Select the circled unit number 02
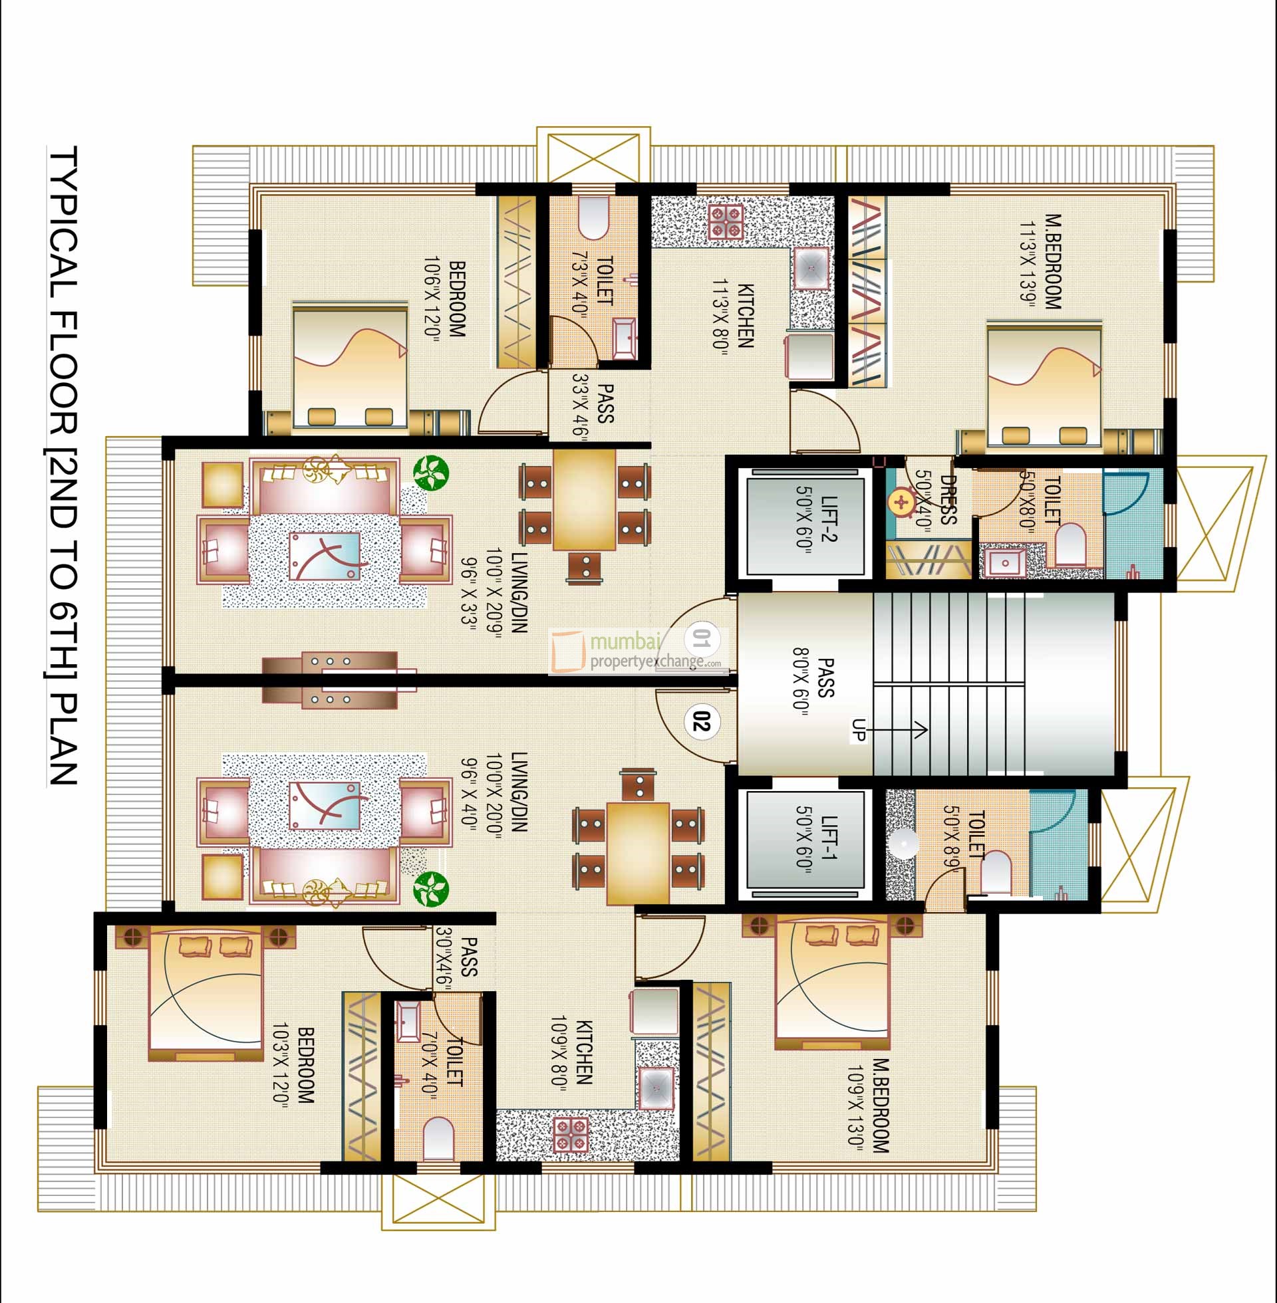tap(702, 723)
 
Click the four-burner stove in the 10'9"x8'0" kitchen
tap(571, 1135)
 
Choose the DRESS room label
tap(947, 500)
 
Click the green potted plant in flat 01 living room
tap(429, 472)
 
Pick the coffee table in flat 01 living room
tap(325, 556)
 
